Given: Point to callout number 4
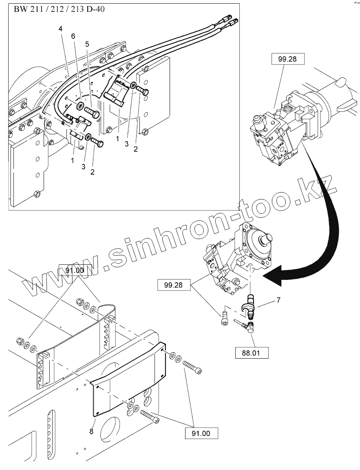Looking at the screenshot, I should [x=60, y=29].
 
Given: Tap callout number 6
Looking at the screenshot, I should [x=73, y=36].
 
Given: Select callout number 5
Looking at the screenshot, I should [x=87, y=44].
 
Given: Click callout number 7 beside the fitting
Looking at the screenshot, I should [x=278, y=300].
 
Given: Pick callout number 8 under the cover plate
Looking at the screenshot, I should [x=91, y=430].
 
